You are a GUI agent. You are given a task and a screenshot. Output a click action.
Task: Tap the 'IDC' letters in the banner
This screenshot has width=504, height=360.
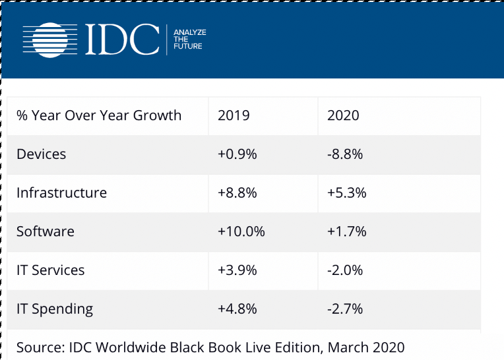click(x=122, y=40)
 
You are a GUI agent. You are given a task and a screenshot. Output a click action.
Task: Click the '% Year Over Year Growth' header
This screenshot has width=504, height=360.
click(x=99, y=115)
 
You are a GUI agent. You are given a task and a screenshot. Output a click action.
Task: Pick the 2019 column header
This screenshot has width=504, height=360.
click(x=234, y=115)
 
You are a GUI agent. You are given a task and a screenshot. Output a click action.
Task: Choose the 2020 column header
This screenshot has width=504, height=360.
click(x=343, y=115)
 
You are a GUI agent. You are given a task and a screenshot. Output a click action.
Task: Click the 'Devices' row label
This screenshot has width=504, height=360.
click(x=42, y=154)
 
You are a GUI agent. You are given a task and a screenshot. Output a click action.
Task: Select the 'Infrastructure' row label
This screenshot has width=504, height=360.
click(x=61, y=193)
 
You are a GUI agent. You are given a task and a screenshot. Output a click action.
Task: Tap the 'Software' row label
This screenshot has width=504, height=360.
click(x=46, y=231)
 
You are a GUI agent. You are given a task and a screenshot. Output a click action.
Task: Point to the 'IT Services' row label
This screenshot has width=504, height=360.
click(x=51, y=270)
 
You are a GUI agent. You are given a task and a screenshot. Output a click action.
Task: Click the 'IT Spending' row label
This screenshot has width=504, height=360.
click(x=55, y=309)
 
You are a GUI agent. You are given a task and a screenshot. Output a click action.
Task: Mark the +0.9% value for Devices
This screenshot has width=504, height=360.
click(x=237, y=154)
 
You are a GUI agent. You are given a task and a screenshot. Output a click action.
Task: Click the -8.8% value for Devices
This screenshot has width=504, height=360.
click(x=345, y=154)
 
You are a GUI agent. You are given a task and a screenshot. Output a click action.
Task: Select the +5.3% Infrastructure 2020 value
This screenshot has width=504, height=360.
click(x=346, y=193)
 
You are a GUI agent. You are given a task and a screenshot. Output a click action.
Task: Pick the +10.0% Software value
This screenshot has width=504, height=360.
click(x=241, y=231)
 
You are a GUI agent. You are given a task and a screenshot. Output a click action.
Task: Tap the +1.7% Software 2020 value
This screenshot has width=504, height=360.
click(x=346, y=231)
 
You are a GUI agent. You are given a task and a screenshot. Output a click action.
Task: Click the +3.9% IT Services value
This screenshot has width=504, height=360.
click(x=237, y=270)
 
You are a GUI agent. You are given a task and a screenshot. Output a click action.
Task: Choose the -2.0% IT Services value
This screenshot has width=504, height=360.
click(x=345, y=270)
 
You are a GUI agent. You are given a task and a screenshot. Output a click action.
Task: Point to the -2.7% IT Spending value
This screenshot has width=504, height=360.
click(x=345, y=309)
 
